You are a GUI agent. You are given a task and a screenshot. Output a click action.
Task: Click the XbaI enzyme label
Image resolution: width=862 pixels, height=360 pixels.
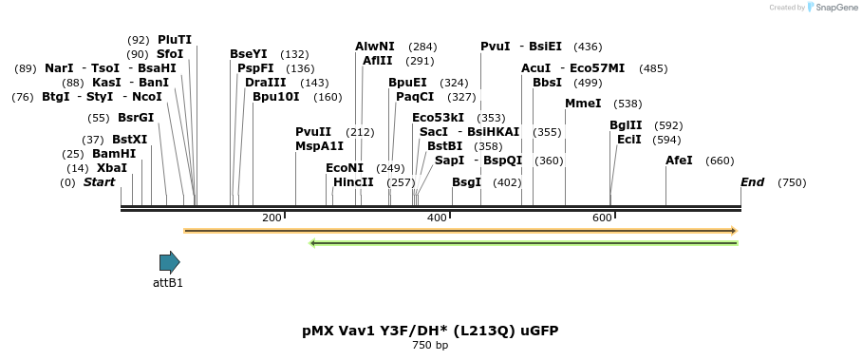coord(111,168)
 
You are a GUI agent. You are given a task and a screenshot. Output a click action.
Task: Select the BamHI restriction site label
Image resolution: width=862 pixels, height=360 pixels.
coord(114,154)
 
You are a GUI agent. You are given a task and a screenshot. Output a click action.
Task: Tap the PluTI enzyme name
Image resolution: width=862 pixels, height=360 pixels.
coord(175,40)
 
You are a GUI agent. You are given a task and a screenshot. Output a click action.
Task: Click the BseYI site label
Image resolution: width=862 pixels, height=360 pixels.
coord(249,54)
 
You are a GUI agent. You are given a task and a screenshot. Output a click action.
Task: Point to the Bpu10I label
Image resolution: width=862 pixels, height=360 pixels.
coord(276,97)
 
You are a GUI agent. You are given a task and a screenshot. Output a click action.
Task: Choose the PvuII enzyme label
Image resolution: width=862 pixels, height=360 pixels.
coord(313,132)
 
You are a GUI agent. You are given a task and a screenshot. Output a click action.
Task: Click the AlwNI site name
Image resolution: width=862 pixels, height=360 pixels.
coord(375,47)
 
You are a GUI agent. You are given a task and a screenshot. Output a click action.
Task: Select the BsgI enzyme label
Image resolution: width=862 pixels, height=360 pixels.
coord(466,182)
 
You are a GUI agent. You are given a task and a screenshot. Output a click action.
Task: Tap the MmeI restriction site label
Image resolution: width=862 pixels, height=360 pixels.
coord(583,104)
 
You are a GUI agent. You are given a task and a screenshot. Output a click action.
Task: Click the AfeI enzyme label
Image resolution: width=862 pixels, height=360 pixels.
coord(679,161)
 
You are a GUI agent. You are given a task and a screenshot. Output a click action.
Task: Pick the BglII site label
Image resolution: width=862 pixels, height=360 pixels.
coord(626,125)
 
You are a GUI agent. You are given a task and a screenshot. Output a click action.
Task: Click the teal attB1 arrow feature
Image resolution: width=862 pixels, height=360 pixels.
coord(169,262)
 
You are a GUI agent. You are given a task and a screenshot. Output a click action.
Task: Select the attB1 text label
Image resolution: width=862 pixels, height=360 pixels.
coord(168,283)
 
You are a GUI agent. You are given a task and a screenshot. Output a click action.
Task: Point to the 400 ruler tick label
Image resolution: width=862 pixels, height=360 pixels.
coord(437,218)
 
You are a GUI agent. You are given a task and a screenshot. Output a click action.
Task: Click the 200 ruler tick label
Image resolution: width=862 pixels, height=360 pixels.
coord(272,218)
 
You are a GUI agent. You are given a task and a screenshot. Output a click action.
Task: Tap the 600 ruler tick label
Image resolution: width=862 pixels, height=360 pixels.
coord(602,218)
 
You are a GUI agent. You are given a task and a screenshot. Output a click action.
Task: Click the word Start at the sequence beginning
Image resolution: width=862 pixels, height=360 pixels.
coord(99,182)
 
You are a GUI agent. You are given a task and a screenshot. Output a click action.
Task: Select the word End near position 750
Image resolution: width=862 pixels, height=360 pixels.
coord(752,182)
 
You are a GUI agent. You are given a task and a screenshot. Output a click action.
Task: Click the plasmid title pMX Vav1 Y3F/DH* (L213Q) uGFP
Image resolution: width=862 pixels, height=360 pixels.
coord(430,331)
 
